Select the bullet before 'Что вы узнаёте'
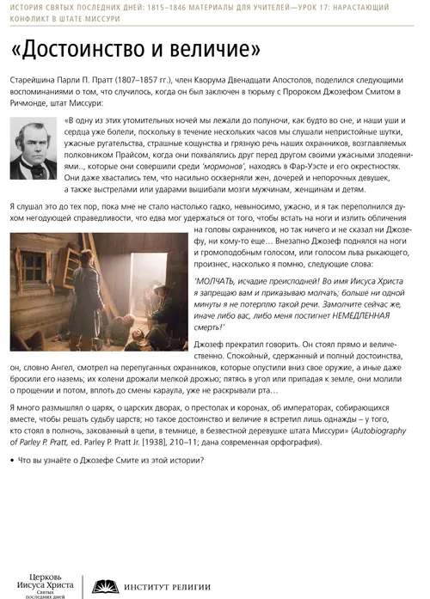click(x=11, y=459)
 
